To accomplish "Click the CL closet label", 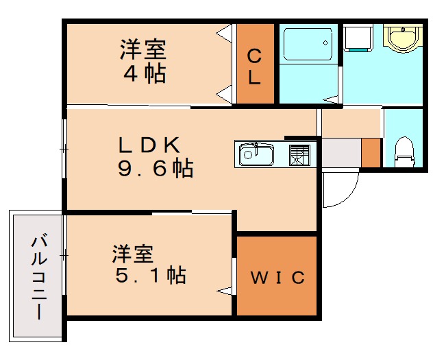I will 254,66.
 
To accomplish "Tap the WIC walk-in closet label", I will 277,278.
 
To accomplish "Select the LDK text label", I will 150,145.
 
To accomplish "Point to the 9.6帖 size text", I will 155,168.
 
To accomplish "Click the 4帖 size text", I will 145,73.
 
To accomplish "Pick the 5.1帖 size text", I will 149,276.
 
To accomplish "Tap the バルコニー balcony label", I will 38,278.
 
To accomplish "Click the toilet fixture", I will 405,152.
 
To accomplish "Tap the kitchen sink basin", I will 256,155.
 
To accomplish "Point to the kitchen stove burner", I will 300,155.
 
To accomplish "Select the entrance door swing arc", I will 340,189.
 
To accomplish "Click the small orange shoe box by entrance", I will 371,152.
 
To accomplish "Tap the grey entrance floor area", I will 340,152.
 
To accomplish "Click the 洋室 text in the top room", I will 144,49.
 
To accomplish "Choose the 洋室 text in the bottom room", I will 134,253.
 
